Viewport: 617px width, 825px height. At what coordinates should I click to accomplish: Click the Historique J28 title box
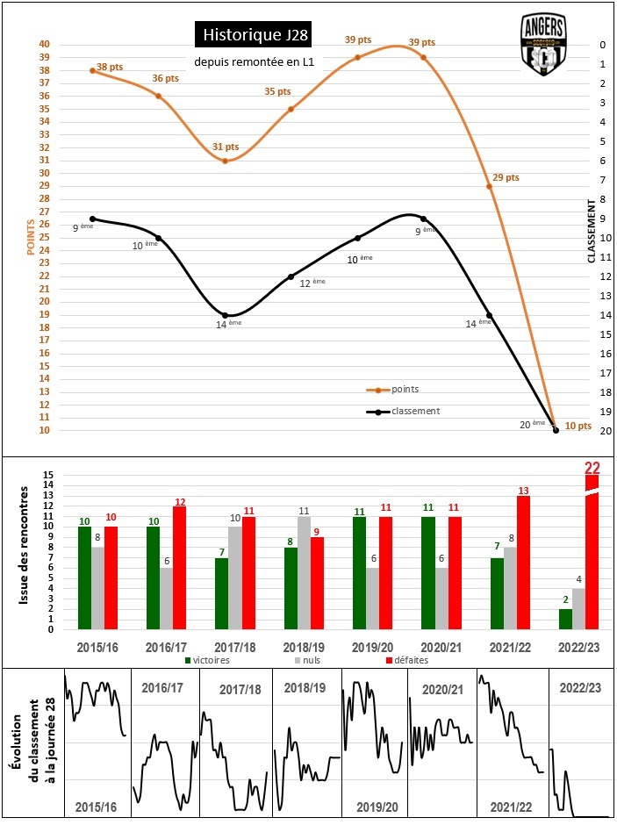coord(250,35)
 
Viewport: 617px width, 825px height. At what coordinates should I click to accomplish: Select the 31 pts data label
coord(226,147)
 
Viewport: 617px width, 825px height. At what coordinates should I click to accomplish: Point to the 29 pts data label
coord(506,178)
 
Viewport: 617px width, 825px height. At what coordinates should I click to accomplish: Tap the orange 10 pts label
coord(576,426)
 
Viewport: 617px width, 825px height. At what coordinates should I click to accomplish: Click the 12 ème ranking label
coord(312,283)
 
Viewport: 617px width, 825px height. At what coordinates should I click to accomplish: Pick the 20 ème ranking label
coord(532,424)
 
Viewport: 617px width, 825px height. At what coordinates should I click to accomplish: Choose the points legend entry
coord(405,389)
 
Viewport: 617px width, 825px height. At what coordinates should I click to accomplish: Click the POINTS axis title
coord(32,236)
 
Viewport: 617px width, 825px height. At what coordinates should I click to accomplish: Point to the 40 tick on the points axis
coord(44,45)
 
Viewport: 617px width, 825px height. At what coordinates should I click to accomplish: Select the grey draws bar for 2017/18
coord(235,577)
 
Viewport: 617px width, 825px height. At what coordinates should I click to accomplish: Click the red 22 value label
coord(592,468)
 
